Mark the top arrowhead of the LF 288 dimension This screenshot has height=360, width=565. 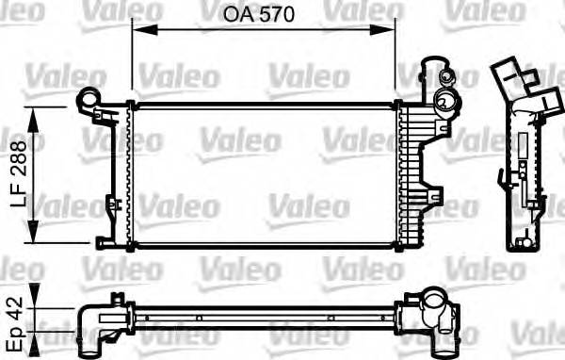tap(36, 112)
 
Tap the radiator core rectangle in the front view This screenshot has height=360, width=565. tap(264, 174)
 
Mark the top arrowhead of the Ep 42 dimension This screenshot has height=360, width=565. tap(36, 306)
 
